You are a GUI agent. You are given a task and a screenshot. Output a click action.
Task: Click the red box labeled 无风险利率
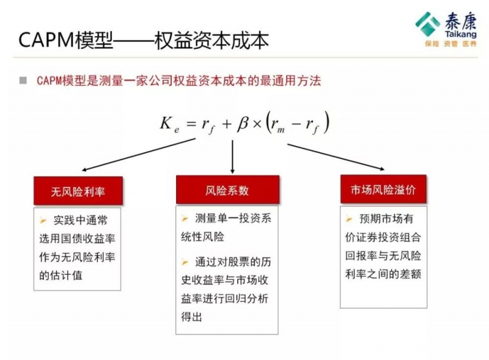(78, 191)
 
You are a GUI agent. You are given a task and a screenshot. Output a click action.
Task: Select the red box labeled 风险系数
(227, 189)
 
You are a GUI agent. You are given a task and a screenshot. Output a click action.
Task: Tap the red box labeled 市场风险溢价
(383, 189)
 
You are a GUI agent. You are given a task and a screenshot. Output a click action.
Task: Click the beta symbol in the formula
(243, 123)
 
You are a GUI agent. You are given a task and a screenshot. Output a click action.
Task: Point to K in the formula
(166, 122)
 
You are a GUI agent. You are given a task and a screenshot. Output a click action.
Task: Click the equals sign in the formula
(191, 124)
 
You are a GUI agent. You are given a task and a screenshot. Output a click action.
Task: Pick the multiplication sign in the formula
(257, 125)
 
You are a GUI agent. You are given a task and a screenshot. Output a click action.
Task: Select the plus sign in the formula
(227, 124)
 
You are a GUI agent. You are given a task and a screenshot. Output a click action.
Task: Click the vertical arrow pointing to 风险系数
(232, 157)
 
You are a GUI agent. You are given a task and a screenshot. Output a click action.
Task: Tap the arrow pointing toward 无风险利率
(139, 155)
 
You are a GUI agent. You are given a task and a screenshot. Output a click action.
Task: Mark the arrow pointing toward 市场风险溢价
(336, 157)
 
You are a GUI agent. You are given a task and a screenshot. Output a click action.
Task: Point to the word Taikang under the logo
(461, 34)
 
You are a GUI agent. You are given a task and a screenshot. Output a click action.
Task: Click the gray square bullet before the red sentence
(23, 81)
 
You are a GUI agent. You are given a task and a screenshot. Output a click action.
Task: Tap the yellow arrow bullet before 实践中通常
(43, 221)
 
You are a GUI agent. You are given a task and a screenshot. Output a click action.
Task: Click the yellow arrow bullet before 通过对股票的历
(185, 262)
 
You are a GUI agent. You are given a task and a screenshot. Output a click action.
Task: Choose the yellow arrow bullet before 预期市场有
(349, 219)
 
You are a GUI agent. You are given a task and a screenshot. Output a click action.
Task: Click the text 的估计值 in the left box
(61, 276)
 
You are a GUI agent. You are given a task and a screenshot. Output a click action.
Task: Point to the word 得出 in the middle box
(191, 317)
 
